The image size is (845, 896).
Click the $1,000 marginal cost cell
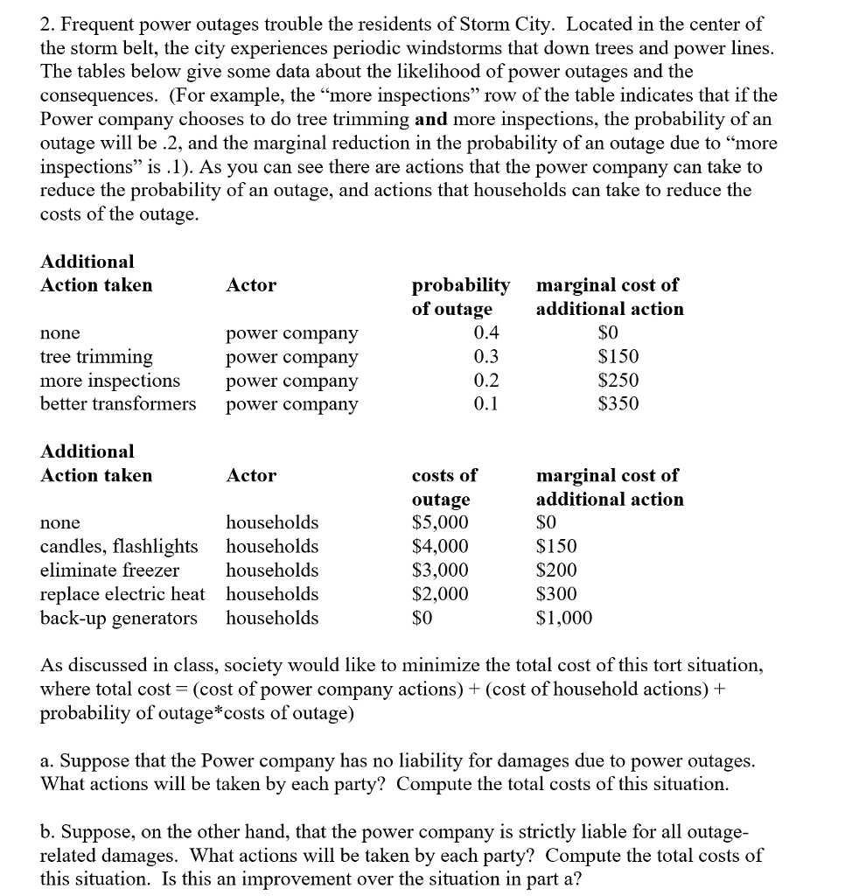563,619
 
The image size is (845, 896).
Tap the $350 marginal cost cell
618,403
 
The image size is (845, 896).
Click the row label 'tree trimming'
96,357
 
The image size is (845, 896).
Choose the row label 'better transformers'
118,403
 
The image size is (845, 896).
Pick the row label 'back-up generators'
119,619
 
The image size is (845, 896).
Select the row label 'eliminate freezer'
109,570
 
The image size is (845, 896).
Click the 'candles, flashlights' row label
119,547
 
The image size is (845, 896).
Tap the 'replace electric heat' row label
122,594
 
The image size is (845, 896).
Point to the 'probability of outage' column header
460,297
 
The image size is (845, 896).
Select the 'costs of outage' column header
444,487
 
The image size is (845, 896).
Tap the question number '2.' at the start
47,24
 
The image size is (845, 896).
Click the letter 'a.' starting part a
48,760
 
